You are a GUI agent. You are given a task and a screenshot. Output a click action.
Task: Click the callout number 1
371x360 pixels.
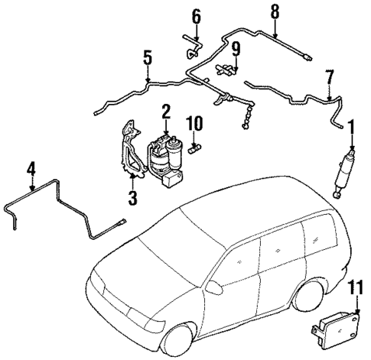(351, 125)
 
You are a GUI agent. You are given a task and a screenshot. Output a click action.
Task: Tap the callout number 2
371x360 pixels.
(165, 112)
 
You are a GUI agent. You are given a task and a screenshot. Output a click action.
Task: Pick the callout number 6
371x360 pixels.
(196, 15)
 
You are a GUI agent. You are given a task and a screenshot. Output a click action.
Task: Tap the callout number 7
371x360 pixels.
(330, 76)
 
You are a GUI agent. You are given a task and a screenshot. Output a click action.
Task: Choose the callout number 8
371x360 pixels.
(275, 11)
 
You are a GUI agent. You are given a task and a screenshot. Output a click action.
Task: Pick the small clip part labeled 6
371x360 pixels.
(190, 50)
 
